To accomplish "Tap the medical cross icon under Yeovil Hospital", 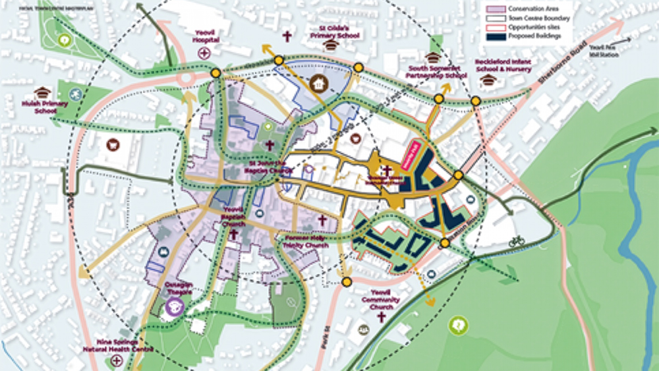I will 205,53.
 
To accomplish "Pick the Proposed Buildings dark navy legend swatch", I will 496,36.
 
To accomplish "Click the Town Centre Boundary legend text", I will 539,18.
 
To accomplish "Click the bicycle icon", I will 516,241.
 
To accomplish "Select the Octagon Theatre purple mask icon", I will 174,306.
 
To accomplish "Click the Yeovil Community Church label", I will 381,300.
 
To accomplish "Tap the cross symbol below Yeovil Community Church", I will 381,317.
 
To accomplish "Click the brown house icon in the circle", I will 319,84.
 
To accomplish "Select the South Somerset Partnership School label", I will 437,71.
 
